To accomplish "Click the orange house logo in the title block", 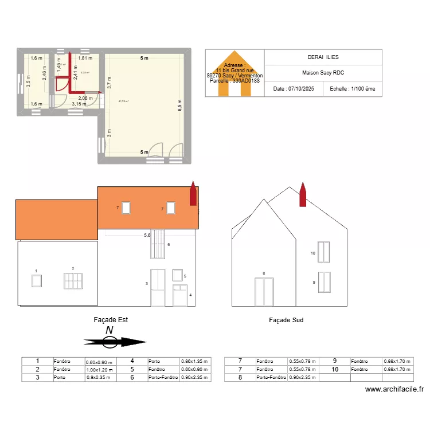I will coord(234,72).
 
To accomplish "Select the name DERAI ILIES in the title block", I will coord(323,57).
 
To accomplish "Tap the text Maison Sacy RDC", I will coord(323,73).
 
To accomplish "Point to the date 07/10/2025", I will coord(294,89).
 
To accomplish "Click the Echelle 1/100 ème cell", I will coord(353,89).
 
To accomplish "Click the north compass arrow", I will coord(115,342).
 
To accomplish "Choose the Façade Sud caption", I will coord(286,320).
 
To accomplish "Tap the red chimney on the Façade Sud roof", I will coord(303,195).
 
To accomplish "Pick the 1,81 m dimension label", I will coord(85,58).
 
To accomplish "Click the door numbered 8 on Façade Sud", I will coord(264,292).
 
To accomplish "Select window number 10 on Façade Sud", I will coord(325,252).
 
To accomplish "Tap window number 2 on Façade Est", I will coord(73,281).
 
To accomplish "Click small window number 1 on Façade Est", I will coord(37,280).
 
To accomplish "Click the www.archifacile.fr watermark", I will coord(394,389).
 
